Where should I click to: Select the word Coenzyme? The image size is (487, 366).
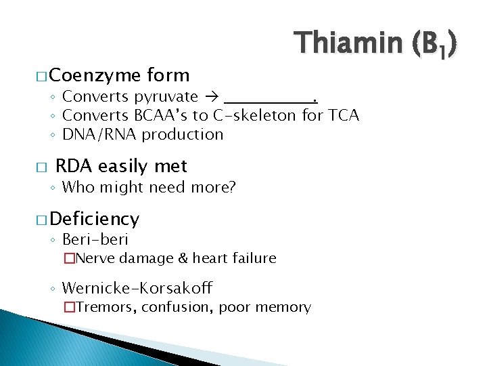94,75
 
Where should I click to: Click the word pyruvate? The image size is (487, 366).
166,98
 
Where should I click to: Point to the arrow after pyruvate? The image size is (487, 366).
212,98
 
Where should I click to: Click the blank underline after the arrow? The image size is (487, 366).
271,100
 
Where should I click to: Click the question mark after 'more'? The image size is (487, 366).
232,187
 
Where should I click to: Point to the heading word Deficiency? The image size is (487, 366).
94,219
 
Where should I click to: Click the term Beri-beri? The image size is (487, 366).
95,239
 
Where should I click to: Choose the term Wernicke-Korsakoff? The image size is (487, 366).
137,288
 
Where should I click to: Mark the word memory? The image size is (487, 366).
284,308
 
